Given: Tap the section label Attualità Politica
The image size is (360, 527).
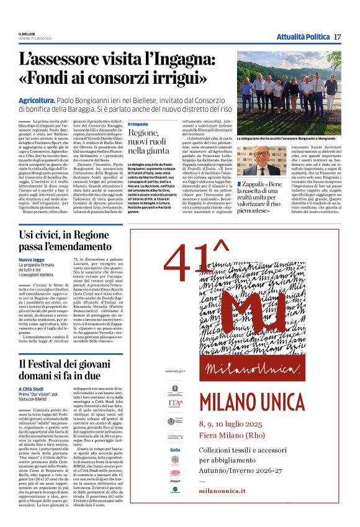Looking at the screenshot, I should click(x=302, y=37).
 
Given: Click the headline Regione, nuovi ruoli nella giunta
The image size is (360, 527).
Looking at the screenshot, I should click(x=151, y=142).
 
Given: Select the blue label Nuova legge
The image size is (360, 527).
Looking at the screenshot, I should click(x=31, y=260).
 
